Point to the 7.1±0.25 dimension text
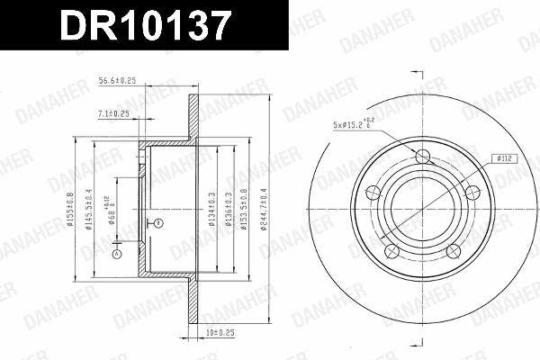(x=112, y=113)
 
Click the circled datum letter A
(x=115, y=255)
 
